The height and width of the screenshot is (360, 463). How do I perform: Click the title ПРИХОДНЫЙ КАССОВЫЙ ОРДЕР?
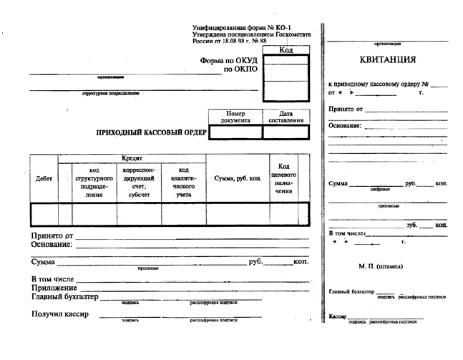(152, 133)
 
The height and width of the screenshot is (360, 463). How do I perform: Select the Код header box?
(286, 50)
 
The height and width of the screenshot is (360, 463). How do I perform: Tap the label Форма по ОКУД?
(228, 61)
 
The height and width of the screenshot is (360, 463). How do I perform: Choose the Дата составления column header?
(286, 117)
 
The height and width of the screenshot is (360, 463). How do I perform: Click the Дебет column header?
(44, 179)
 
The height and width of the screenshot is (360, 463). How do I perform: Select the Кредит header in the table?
(132, 158)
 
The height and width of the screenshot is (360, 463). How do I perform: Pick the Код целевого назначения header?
(284, 179)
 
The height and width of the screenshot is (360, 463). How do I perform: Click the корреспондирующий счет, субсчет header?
(139, 183)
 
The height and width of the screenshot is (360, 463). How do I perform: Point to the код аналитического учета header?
(183, 183)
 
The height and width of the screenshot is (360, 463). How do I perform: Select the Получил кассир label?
(59, 315)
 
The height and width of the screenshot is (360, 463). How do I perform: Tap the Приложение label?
(54, 288)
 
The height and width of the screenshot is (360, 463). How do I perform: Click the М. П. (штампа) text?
(381, 266)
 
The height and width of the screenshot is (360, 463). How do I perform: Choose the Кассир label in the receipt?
(337, 316)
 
